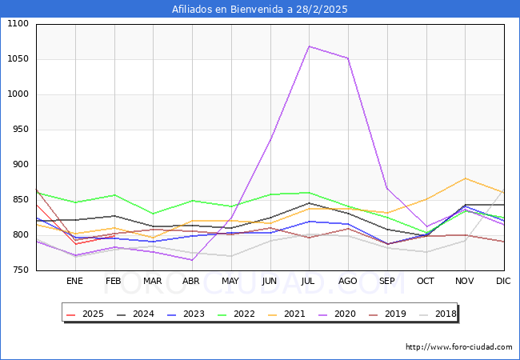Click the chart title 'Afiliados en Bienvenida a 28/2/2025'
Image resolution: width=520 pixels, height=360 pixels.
(x=260, y=10)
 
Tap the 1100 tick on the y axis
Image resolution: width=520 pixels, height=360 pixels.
(x=17, y=24)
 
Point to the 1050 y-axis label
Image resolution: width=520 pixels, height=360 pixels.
(x=17, y=59)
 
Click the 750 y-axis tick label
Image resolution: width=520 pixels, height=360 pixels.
(x=19, y=270)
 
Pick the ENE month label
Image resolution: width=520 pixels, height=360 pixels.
(x=74, y=281)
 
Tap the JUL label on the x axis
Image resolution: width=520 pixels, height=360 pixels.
(x=309, y=281)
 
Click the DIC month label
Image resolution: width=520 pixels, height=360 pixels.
(x=503, y=281)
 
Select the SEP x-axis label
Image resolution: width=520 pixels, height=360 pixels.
(x=386, y=281)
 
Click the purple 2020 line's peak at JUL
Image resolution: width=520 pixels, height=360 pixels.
(x=309, y=46)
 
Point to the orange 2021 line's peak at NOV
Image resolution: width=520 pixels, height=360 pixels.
(x=465, y=178)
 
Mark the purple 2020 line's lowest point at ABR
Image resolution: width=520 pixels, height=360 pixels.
(x=192, y=260)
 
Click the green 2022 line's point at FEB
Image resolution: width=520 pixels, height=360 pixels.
(x=114, y=195)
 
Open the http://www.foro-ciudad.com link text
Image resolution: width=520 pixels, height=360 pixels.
(x=458, y=347)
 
